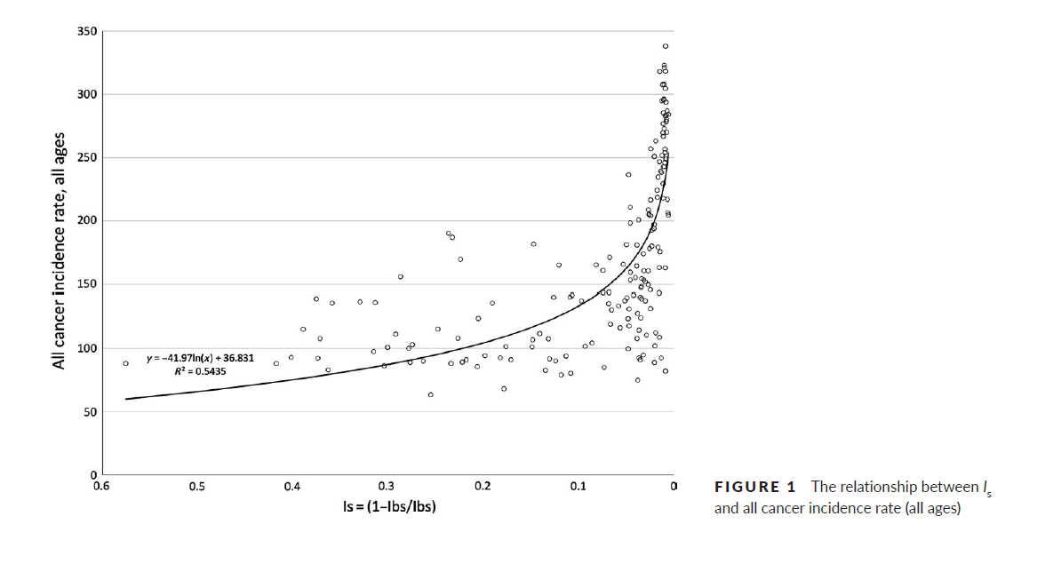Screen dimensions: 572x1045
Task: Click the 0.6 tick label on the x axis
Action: (102, 487)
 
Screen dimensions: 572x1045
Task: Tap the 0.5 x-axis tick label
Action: (197, 487)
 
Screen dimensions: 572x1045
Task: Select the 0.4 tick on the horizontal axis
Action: (291, 487)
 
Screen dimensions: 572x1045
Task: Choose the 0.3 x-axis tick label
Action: (387, 487)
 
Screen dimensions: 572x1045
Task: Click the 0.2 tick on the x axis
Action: (483, 487)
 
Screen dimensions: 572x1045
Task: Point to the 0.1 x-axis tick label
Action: (578, 487)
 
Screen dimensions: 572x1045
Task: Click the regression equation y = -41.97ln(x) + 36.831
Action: (201, 359)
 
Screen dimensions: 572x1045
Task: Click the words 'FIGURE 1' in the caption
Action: (755, 487)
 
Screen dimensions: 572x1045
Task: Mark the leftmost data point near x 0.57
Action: (126, 363)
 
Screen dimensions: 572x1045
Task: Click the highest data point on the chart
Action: (666, 46)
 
